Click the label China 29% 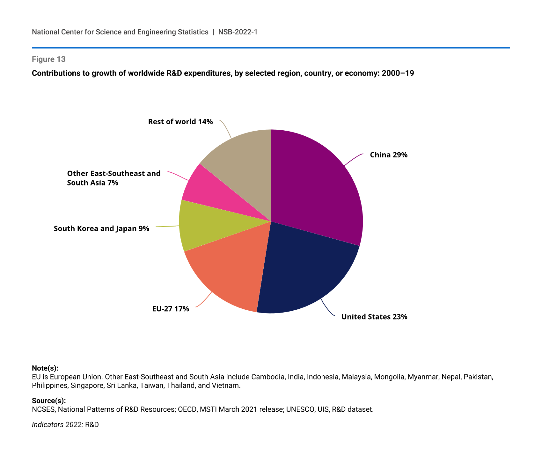[x=389, y=155]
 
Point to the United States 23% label [x=374, y=317]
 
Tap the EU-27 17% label [x=171, y=309]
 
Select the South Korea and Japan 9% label [x=101, y=229]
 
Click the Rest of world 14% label [x=180, y=122]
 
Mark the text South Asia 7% [x=92, y=183]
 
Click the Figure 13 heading [x=48, y=59]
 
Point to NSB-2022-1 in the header [x=238, y=32]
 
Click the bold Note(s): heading [x=45, y=368]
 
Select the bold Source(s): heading [x=49, y=401]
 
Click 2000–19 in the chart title [x=398, y=73]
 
